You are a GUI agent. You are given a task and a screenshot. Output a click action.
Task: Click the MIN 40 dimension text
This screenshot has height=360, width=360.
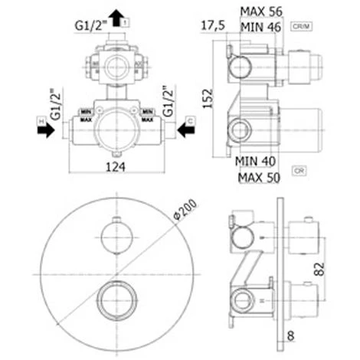pyautogui.click(x=257, y=161)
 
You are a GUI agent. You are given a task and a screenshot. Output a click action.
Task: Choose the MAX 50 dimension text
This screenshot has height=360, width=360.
pyautogui.click(x=259, y=178)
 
